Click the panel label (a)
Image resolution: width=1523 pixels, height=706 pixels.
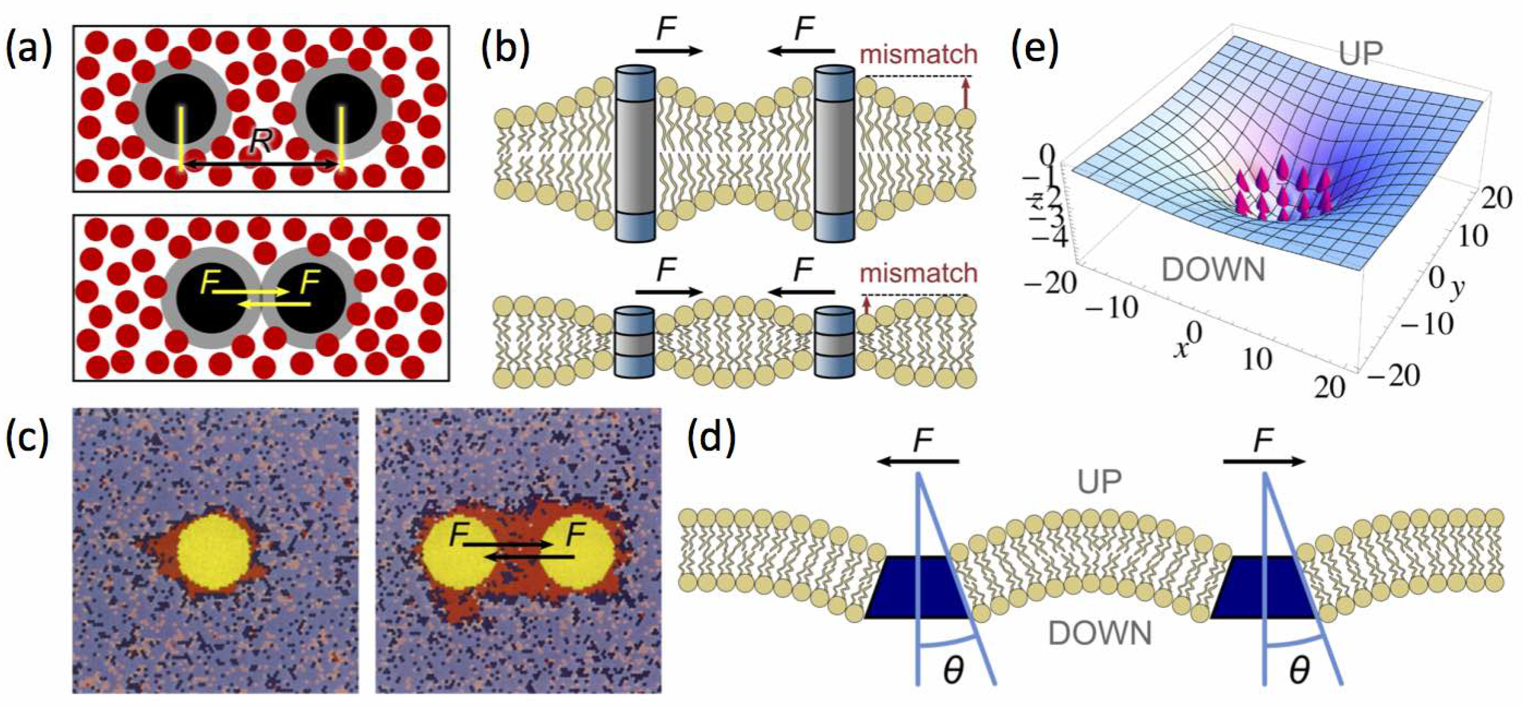[x=29, y=48]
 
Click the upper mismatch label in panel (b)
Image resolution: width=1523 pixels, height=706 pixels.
[x=918, y=55]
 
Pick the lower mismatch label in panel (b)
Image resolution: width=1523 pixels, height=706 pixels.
[x=918, y=273]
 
